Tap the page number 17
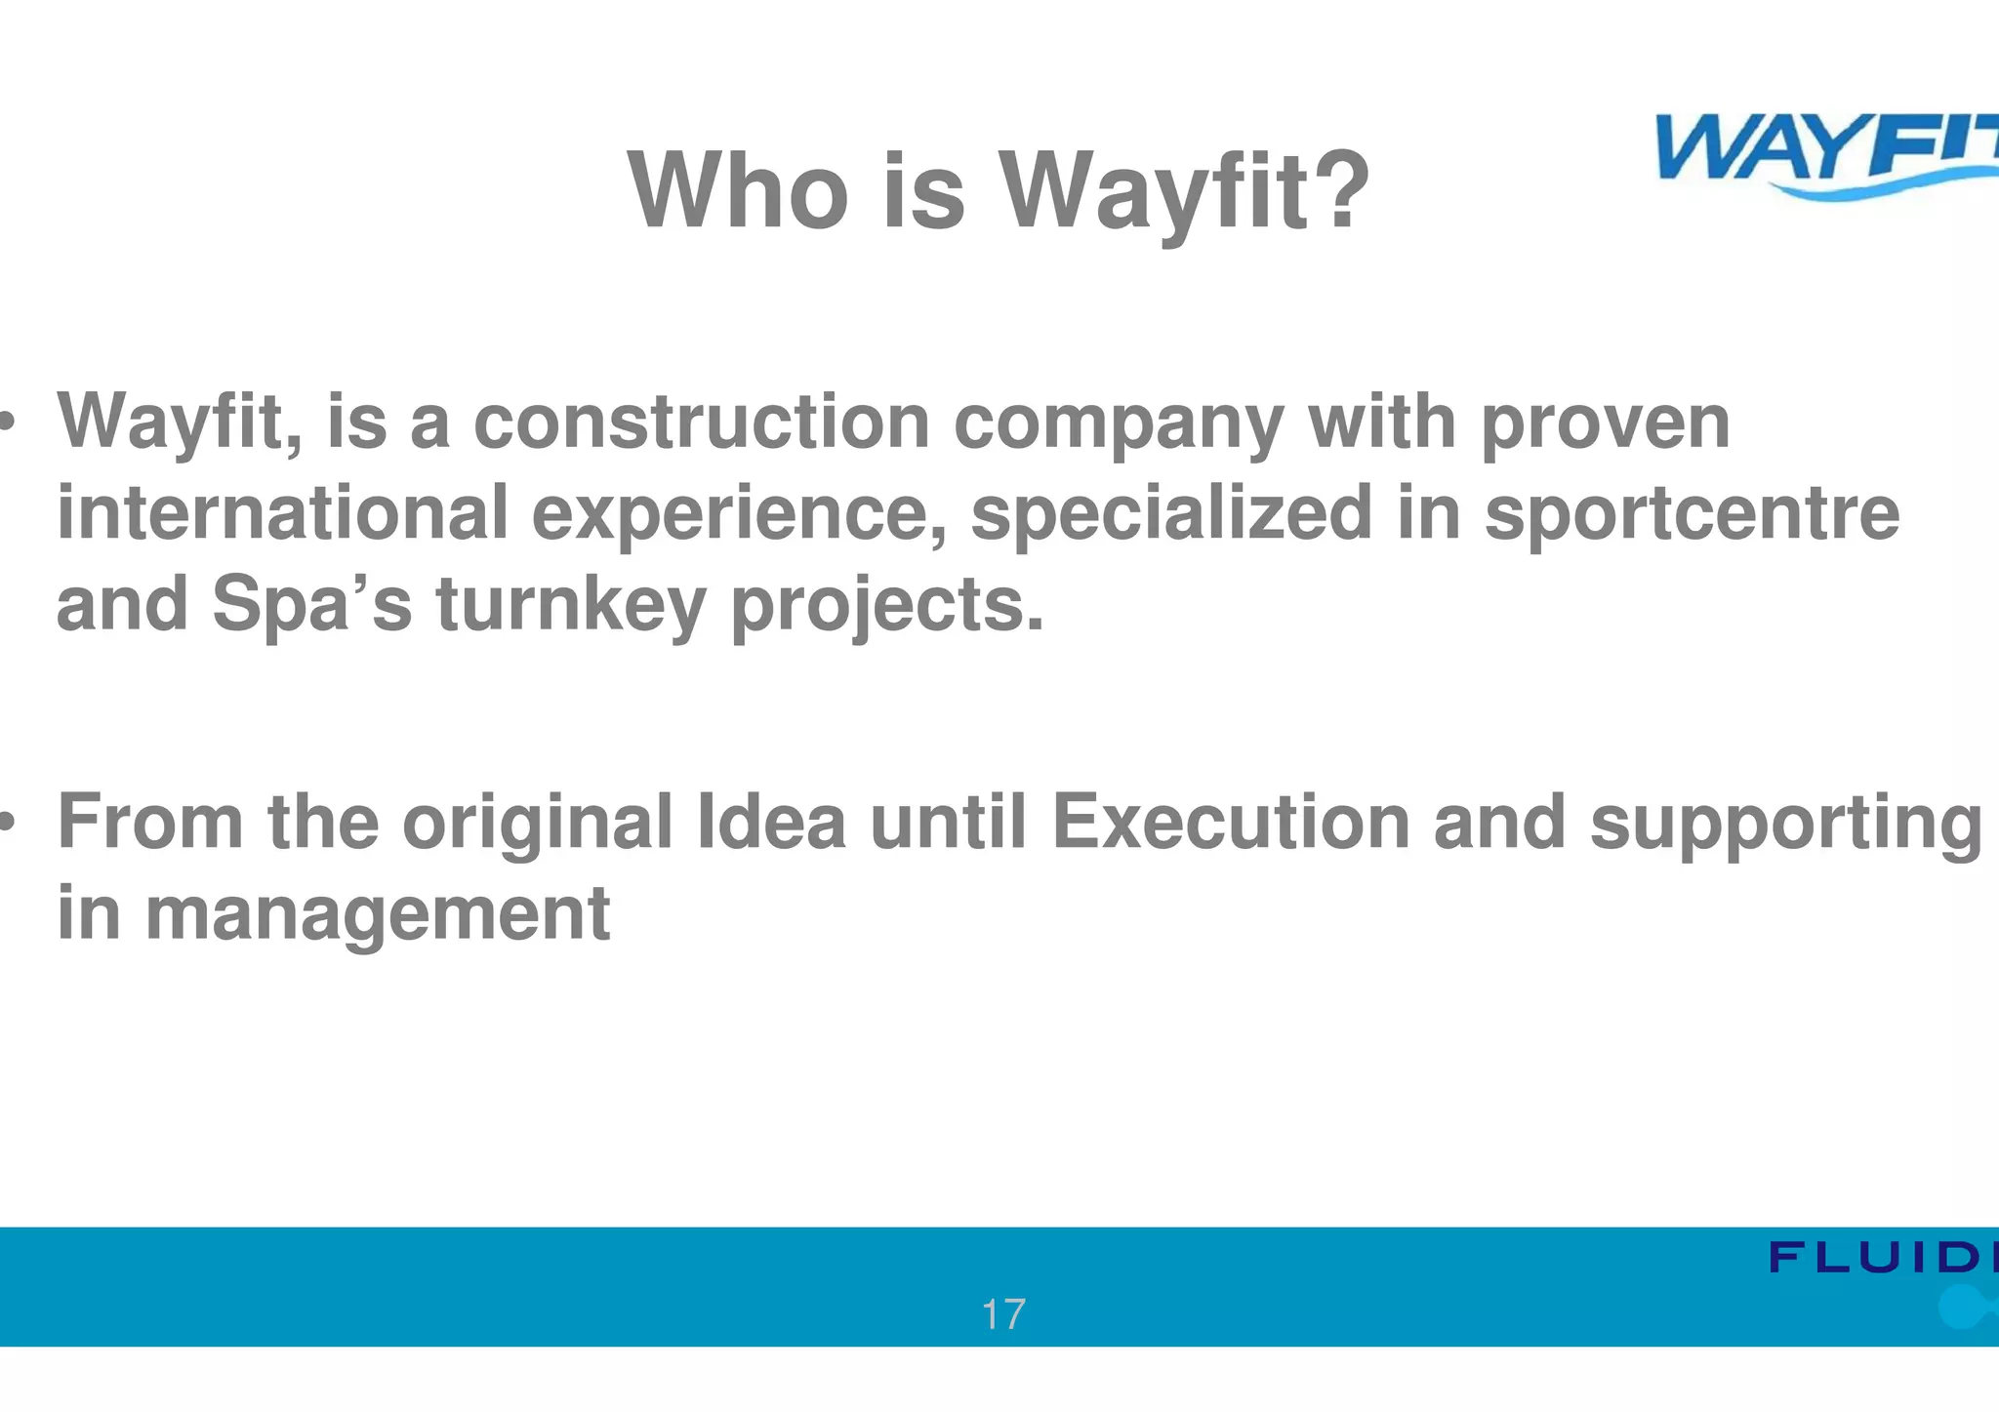point(1002,1314)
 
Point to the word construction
point(701,422)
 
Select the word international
point(283,512)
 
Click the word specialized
point(1171,514)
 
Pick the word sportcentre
point(1692,514)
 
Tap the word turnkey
point(571,605)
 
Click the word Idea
point(771,823)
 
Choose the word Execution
point(1230,823)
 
